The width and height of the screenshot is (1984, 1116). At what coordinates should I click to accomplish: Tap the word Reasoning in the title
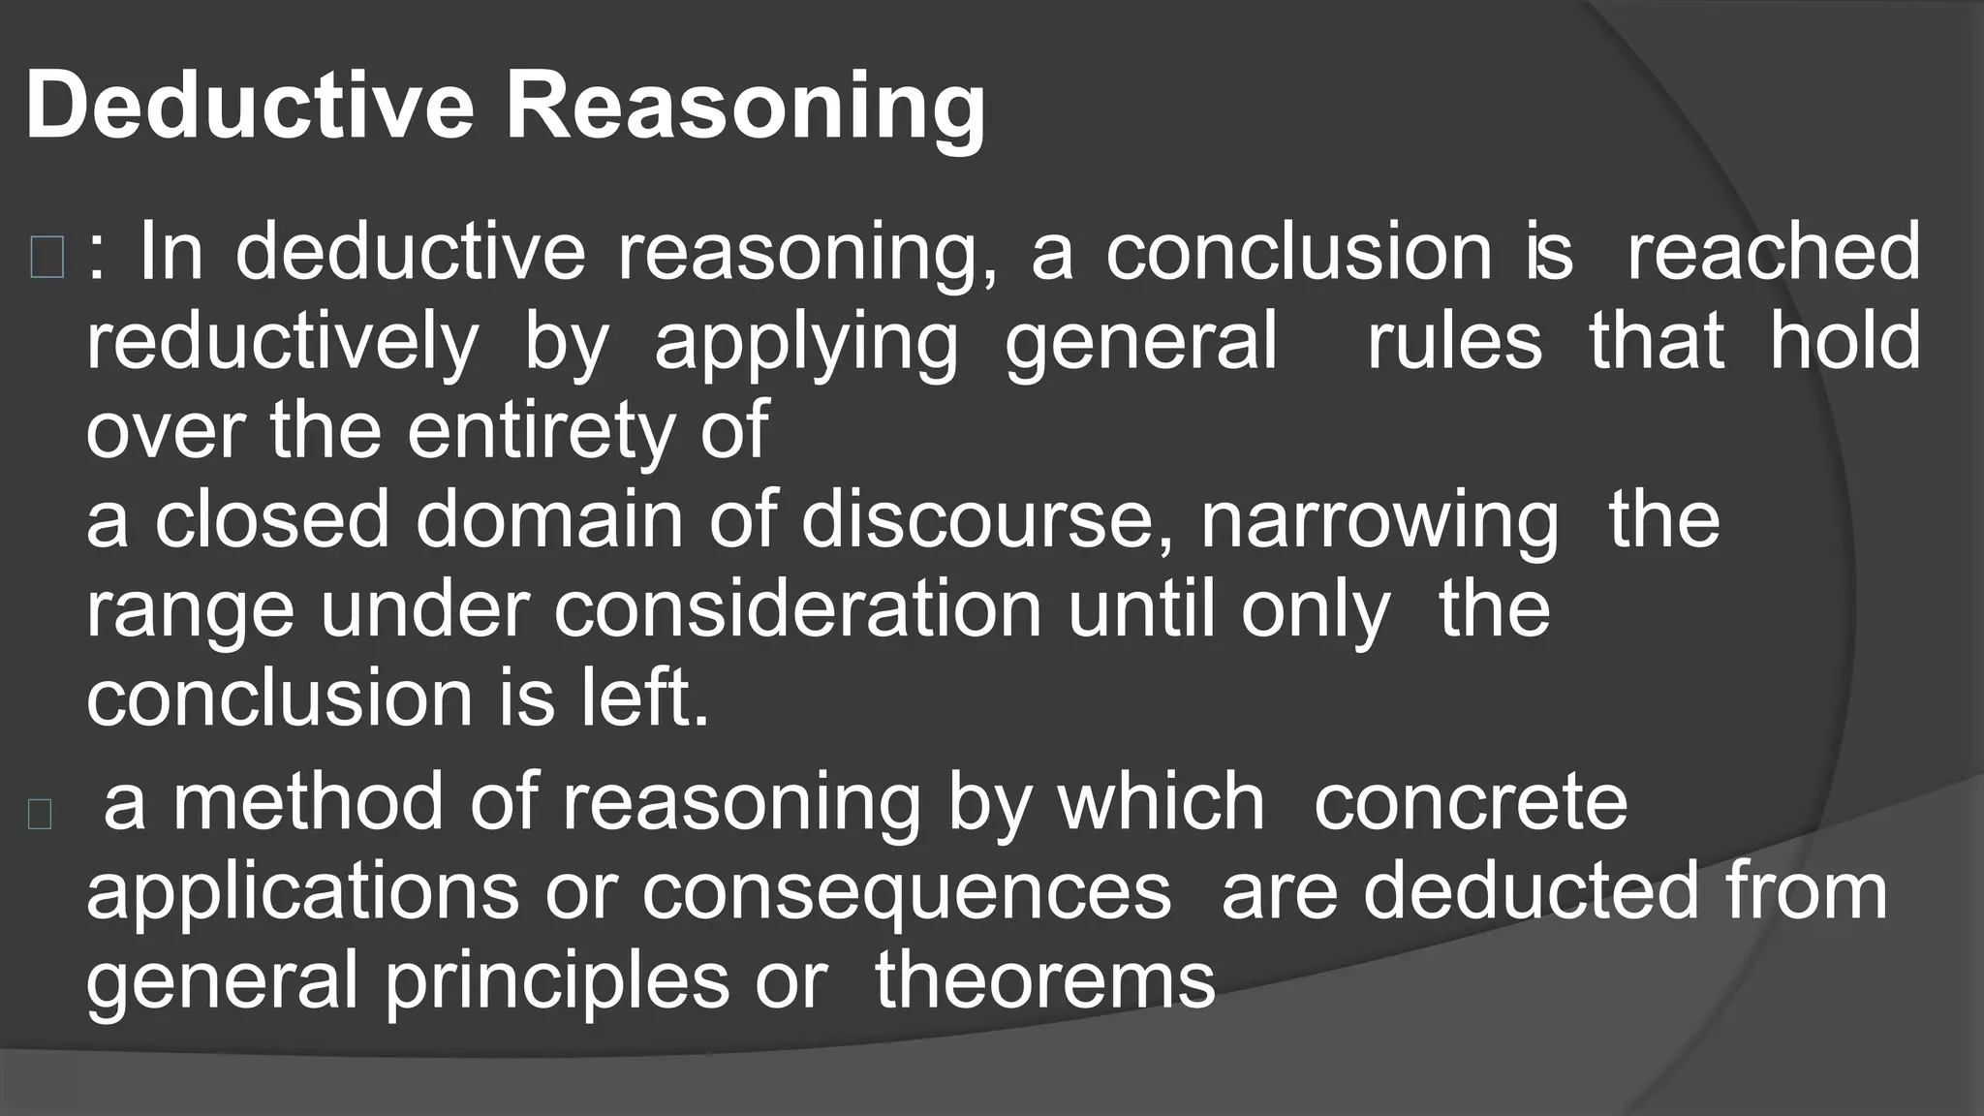point(745,108)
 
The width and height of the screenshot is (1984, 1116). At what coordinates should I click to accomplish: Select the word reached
point(1773,252)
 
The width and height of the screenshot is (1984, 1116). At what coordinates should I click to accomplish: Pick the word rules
point(1453,341)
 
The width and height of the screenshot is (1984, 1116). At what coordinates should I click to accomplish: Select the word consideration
point(797,610)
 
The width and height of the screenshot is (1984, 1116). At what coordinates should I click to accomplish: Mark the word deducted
point(1531,891)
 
